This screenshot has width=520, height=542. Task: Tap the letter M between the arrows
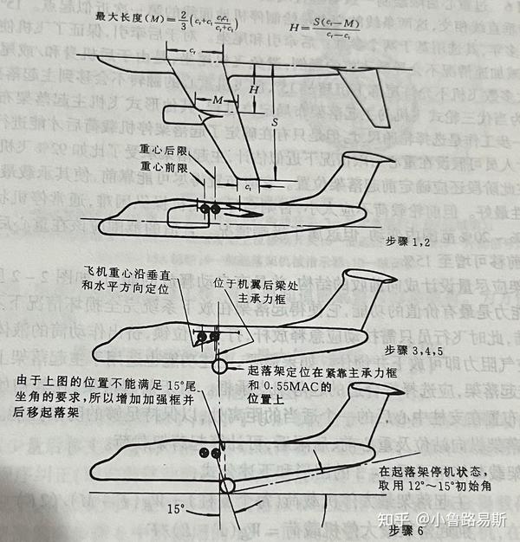point(218,101)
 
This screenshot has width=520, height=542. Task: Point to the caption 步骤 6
point(406,530)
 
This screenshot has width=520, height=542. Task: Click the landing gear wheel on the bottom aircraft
point(228,485)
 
